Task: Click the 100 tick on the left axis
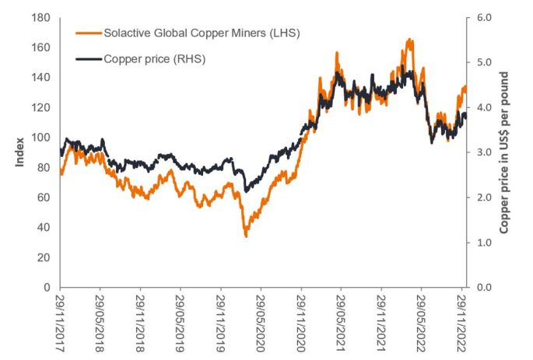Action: pyautogui.click(x=46, y=138)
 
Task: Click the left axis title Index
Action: pyautogui.click(x=17, y=152)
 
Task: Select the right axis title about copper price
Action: pyautogui.click(x=507, y=152)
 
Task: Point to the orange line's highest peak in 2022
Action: pyautogui.click(x=409, y=39)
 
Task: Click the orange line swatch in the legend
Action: pyautogui.click(x=85, y=33)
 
